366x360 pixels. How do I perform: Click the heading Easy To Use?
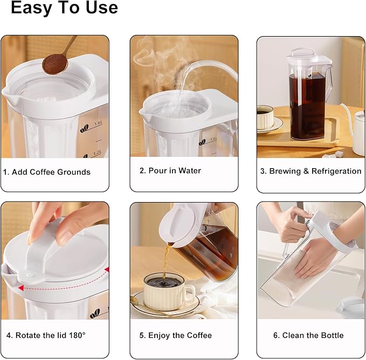pos(65,8)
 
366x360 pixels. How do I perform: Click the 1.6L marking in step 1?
pos(99,123)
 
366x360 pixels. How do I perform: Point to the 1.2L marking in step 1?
pos(98,153)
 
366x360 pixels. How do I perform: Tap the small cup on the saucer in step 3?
pos(265,116)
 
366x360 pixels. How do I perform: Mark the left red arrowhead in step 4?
pos(21,288)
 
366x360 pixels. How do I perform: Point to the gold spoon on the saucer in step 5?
pos(149,306)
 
